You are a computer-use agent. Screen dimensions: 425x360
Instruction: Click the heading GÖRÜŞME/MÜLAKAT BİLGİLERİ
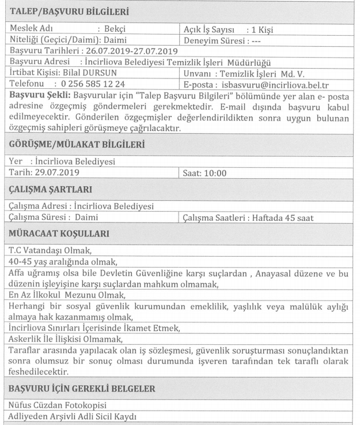click(78, 144)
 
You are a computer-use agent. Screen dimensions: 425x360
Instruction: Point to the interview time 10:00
click(217, 172)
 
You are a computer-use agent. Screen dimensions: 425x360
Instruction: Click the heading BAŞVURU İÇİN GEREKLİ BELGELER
click(82, 389)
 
